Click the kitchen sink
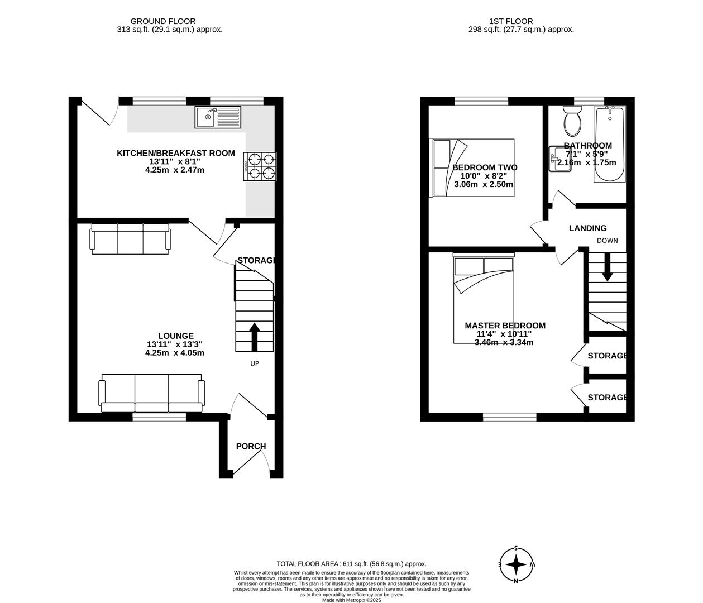click(x=218, y=117)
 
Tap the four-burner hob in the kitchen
click(x=260, y=166)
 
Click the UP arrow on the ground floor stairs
click(x=254, y=336)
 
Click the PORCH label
click(x=251, y=446)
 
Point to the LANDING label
click(x=587, y=228)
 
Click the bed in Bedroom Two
click(x=471, y=167)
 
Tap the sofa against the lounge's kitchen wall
click(x=130, y=239)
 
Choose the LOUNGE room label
click(x=175, y=336)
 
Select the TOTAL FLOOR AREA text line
click(x=351, y=564)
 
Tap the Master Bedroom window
click(x=509, y=417)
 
